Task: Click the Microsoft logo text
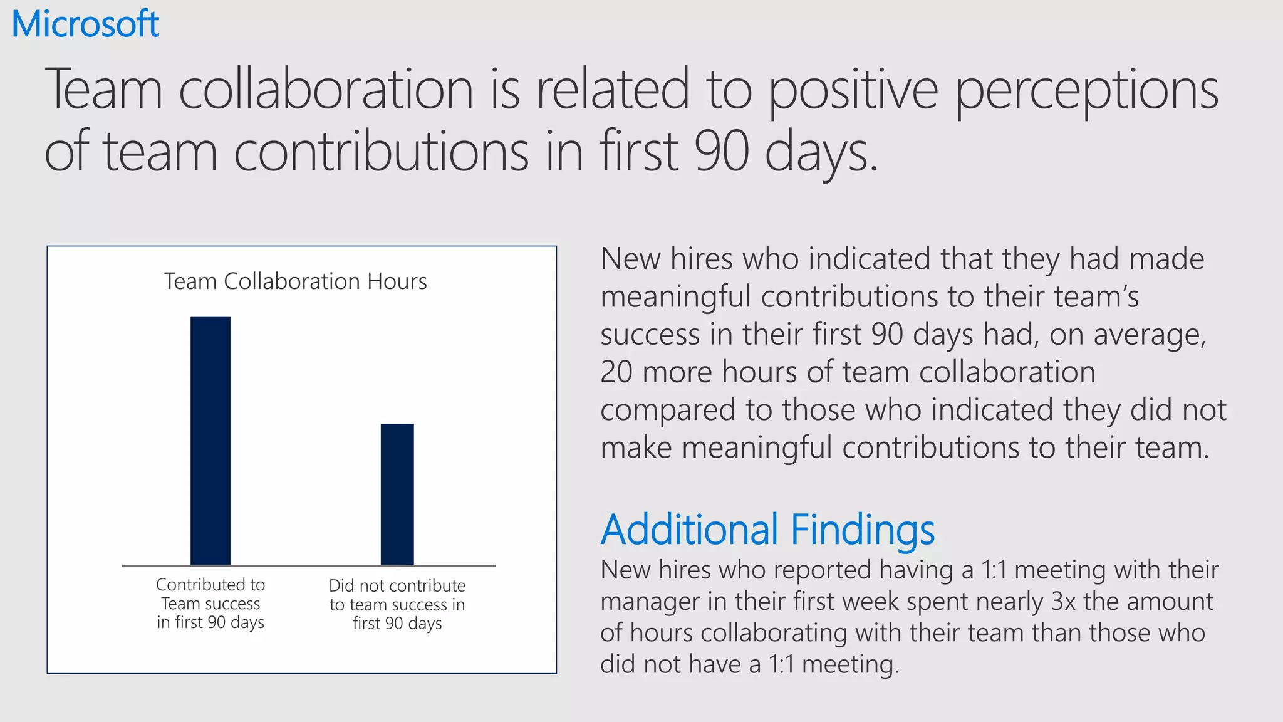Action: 86,24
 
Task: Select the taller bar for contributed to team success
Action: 210,440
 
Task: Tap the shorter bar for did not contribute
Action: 397,494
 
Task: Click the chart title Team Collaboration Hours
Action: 295,281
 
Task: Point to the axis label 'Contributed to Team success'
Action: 210,603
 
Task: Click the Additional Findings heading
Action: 767,530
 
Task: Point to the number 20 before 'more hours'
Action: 616,372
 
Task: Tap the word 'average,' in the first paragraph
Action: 1149,335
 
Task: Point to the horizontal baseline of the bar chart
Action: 309,566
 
